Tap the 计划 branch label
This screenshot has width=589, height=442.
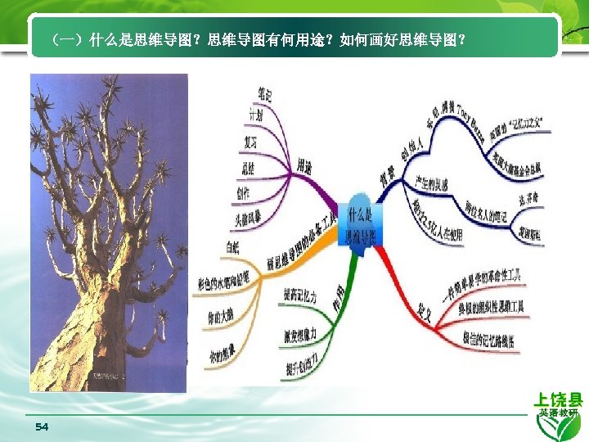[255, 116]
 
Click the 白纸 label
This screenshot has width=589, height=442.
[232, 246]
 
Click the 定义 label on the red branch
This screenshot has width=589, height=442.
[425, 310]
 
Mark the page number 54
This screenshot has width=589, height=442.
[43, 427]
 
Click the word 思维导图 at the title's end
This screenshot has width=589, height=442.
[436, 38]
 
